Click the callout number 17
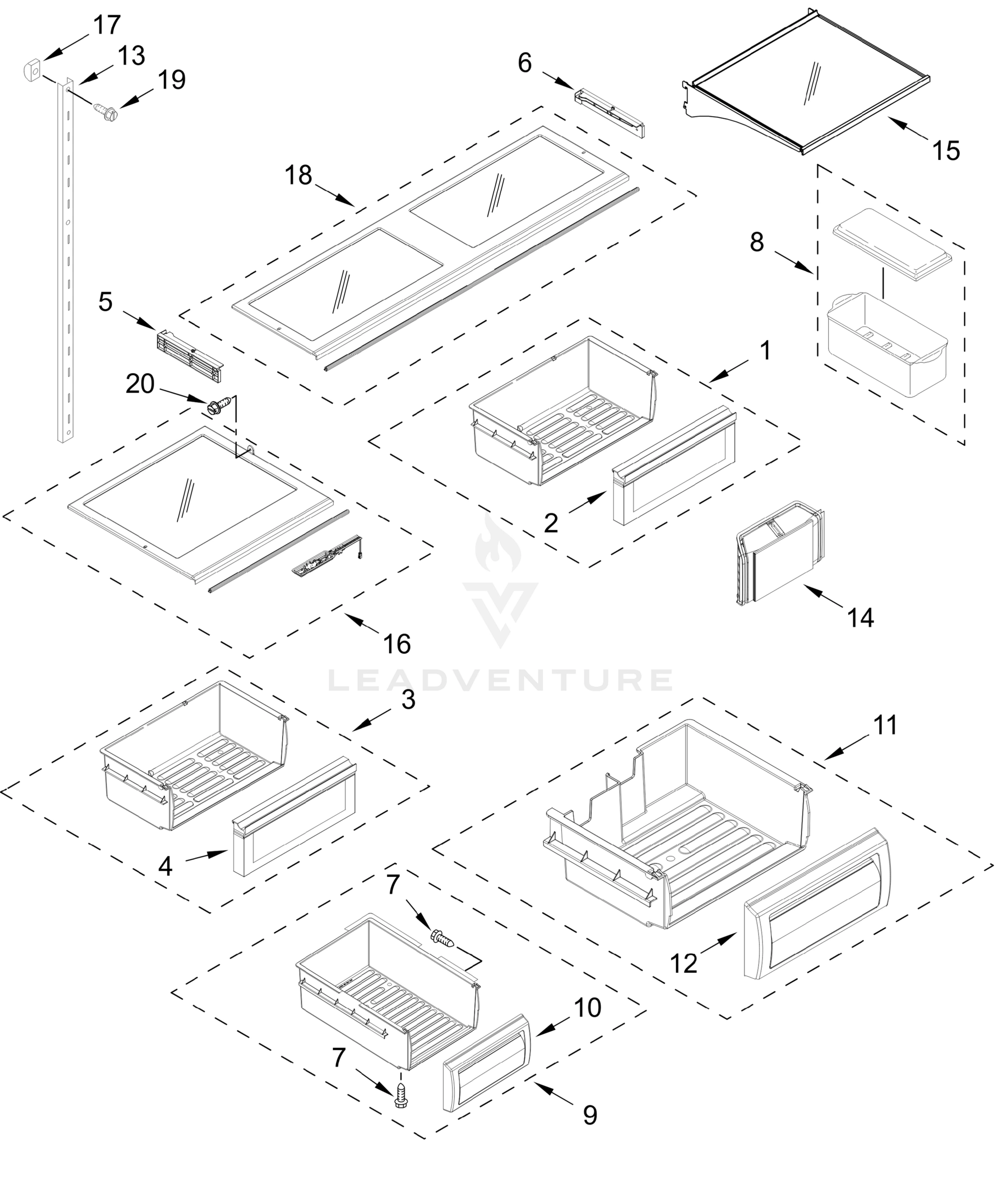(107, 25)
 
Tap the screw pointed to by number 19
(105, 110)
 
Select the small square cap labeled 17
(32, 71)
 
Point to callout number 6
(525, 63)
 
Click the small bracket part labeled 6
(610, 111)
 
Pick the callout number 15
(946, 151)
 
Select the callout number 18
(299, 175)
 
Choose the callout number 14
(860, 618)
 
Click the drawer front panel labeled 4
(294, 822)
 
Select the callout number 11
(886, 725)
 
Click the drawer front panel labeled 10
(487, 1063)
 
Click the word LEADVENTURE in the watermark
(500, 680)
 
